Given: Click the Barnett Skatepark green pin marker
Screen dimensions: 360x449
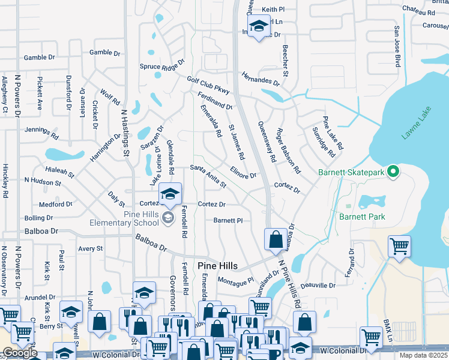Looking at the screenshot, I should pyautogui.click(x=394, y=173).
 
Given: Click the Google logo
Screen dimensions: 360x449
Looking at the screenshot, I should pyautogui.click(x=20, y=353).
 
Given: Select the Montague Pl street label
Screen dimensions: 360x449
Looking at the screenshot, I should pyautogui.click(x=235, y=281).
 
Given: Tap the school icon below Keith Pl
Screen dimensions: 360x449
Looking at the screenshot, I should pyautogui.click(x=259, y=26).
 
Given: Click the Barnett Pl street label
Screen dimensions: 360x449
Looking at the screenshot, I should pyautogui.click(x=228, y=220).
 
